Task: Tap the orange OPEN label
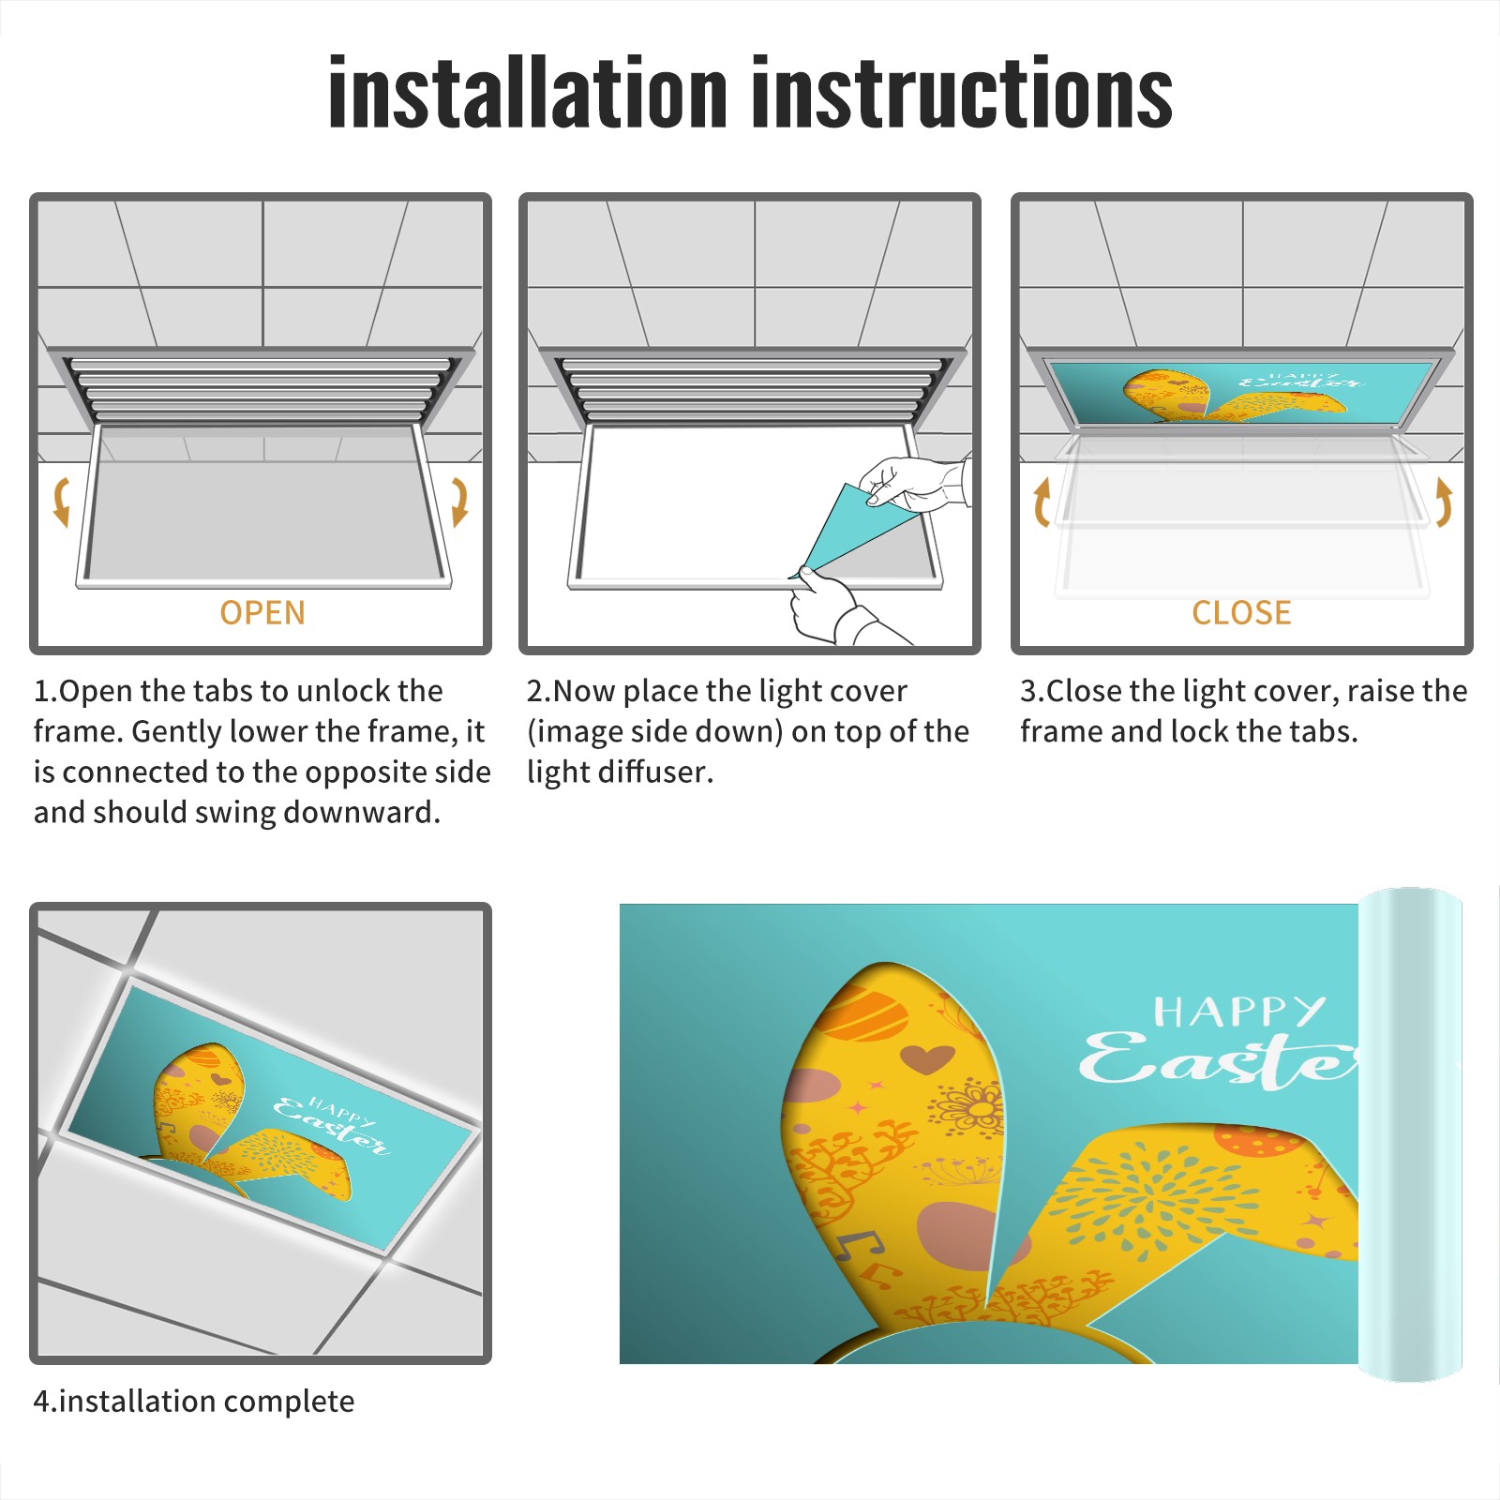(x=262, y=613)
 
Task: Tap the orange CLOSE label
(x=1241, y=613)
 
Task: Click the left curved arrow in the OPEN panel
(x=62, y=502)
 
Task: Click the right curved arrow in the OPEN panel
(x=459, y=502)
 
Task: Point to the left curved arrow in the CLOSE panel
(x=1042, y=502)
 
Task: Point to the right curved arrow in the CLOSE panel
(x=1444, y=502)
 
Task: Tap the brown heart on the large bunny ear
(x=927, y=1059)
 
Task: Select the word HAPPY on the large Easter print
(x=1239, y=1012)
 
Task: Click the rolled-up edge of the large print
(x=1410, y=1134)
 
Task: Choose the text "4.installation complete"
(x=194, y=1402)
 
